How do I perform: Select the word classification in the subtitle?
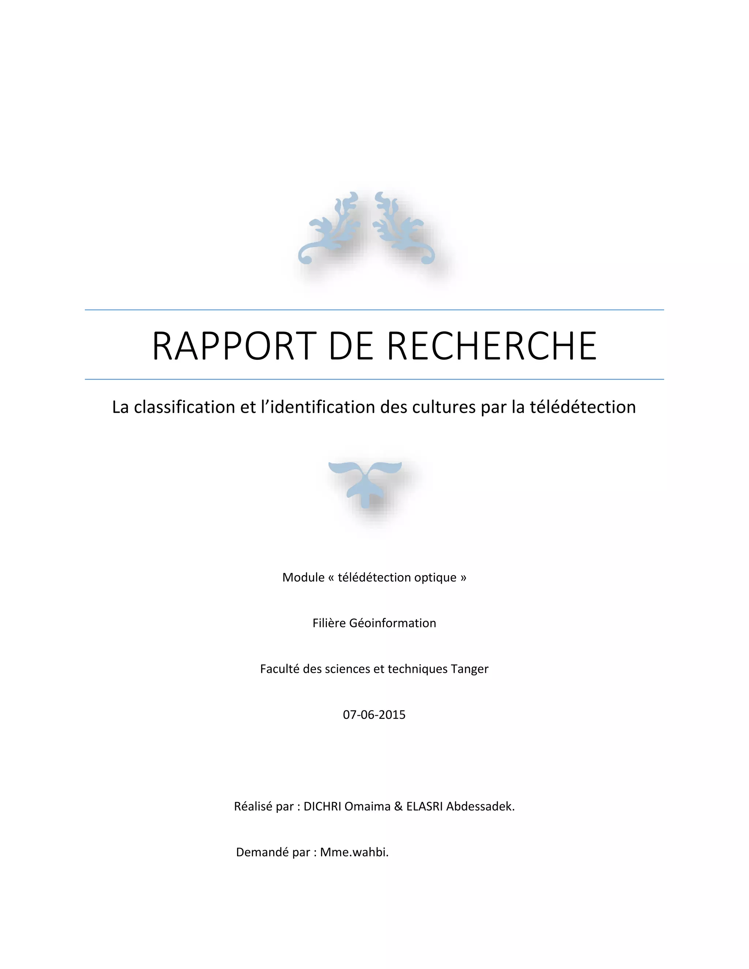(185, 407)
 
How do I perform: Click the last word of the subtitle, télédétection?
(583, 407)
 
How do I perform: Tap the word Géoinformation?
(392, 623)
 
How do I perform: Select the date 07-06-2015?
(374, 715)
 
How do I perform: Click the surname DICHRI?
(322, 806)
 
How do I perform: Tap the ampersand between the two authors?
(398, 806)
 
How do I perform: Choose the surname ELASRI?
(424, 806)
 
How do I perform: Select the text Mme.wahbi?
(354, 852)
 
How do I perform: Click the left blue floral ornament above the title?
(328, 231)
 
